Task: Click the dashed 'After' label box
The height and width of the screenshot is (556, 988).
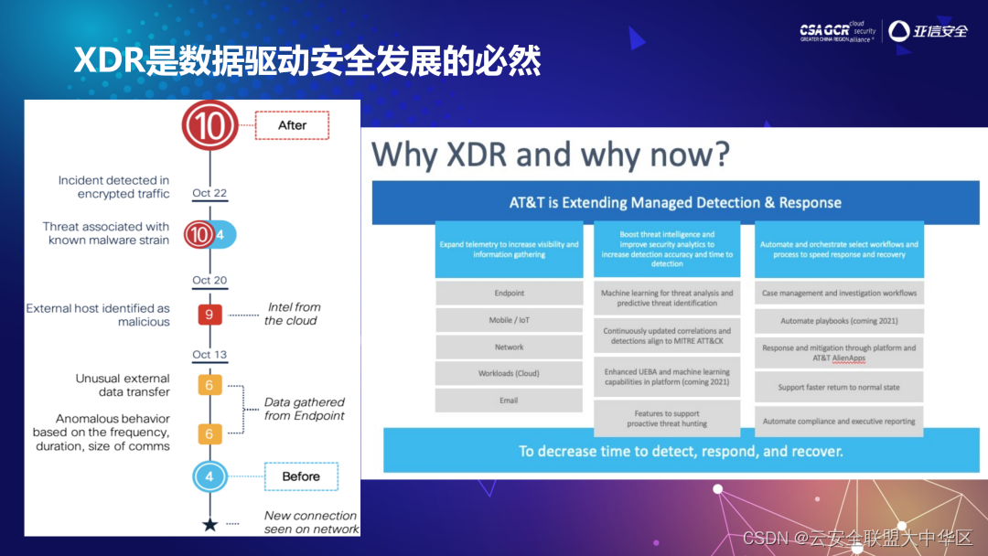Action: coord(291,125)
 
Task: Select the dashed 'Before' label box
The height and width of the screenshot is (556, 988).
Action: coord(300,476)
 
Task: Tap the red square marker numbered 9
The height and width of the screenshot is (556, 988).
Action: coord(209,315)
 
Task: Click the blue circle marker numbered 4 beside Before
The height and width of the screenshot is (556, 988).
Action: coord(209,476)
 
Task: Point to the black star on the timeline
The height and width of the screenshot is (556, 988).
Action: coord(209,524)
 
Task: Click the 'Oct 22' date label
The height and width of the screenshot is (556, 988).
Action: coord(209,193)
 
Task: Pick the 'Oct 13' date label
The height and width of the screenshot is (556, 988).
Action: coord(209,355)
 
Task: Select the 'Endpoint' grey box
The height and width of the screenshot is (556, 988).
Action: coord(509,294)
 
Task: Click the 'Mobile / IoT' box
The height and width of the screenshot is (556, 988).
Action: coord(509,320)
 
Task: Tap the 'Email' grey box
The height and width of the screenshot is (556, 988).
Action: coord(509,401)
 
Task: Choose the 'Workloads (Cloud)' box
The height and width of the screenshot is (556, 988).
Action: coord(509,373)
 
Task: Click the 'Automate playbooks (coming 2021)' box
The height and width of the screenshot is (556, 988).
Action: coord(839,321)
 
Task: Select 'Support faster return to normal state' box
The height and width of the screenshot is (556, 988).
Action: coord(839,387)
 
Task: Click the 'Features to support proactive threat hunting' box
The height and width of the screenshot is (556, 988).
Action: coord(667,419)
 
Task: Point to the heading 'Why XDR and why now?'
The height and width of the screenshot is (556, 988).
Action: coord(551,155)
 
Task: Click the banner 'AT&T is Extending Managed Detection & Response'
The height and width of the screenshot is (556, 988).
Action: coord(675,203)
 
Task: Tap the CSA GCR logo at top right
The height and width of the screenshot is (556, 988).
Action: coord(836,31)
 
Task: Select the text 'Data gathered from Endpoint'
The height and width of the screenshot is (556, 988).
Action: coord(304,409)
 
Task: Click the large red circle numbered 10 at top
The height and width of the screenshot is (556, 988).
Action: coord(209,125)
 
